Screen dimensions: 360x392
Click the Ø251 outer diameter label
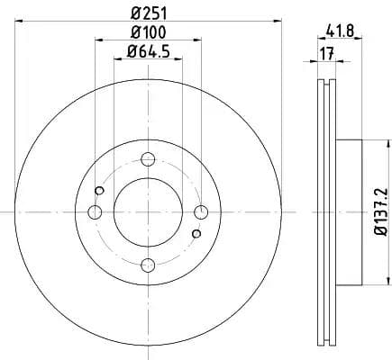(x=149, y=13)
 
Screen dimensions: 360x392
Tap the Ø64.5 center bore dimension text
(x=149, y=51)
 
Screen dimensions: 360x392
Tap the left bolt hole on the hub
(x=96, y=211)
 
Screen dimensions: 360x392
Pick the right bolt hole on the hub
(x=200, y=211)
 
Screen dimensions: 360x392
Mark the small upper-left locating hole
(x=100, y=190)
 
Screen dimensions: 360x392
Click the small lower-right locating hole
(x=196, y=233)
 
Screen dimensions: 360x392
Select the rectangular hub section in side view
(x=350, y=211)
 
